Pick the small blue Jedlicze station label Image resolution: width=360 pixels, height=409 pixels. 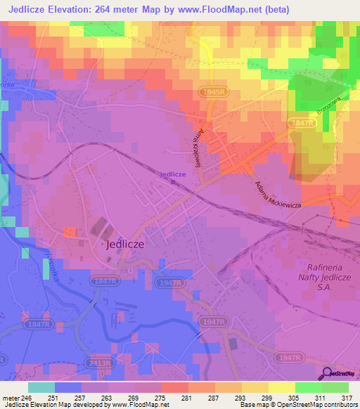(172, 174)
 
